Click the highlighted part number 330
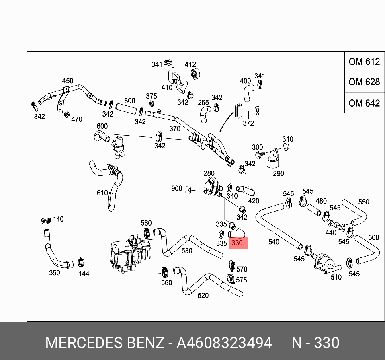[x=237, y=243]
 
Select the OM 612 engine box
[x=364, y=62]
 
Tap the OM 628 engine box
[x=364, y=82]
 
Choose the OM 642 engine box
[x=364, y=103]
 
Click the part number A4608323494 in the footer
[x=224, y=343]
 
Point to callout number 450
[x=68, y=81]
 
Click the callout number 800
[x=129, y=101]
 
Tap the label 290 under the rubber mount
[x=278, y=173]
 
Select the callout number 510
[x=336, y=277]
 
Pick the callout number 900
[x=176, y=188]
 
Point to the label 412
[x=190, y=64]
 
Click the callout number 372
[x=248, y=123]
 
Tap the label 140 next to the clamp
[x=58, y=219]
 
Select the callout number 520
[x=203, y=296]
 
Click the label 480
[x=321, y=201]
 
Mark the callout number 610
[x=102, y=193]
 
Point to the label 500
[x=373, y=237]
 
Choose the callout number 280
[x=209, y=173]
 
